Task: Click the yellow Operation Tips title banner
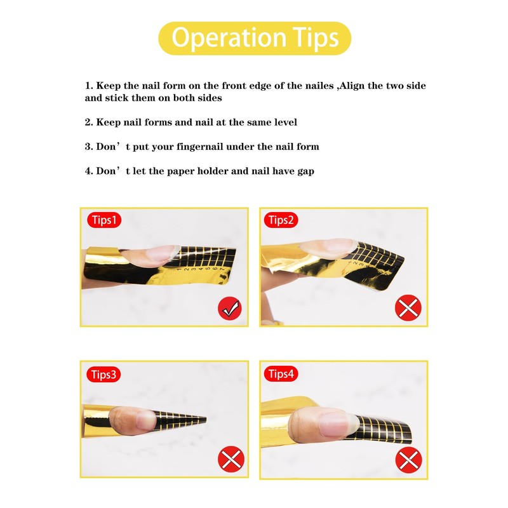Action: click(x=254, y=38)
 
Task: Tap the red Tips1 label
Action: click(x=104, y=220)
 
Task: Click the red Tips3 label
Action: click(x=104, y=374)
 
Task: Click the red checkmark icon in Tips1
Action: click(x=229, y=309)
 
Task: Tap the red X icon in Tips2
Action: click(x=408, y=309)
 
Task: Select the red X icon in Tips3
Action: click(x=229, y=460)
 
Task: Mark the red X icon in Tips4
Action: click(x=408, y=460)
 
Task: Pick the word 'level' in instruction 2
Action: click(x=284, y=122)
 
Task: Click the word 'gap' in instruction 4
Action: click(x=305, y=171)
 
